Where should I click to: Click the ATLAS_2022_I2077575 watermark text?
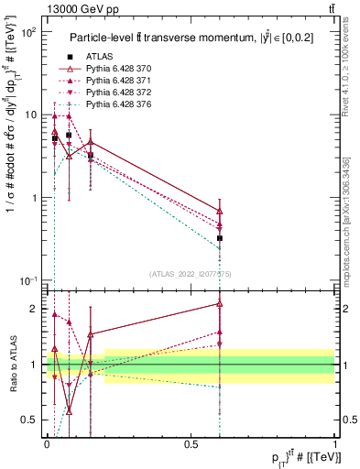tap(191, 273)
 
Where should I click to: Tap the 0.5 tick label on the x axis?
tap(191, 443)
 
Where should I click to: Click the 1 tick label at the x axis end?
tap(335, 443)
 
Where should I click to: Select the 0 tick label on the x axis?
tap(47, 443)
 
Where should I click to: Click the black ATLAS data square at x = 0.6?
tap(220, 238)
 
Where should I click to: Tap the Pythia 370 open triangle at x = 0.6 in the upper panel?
tap(220, 211)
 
